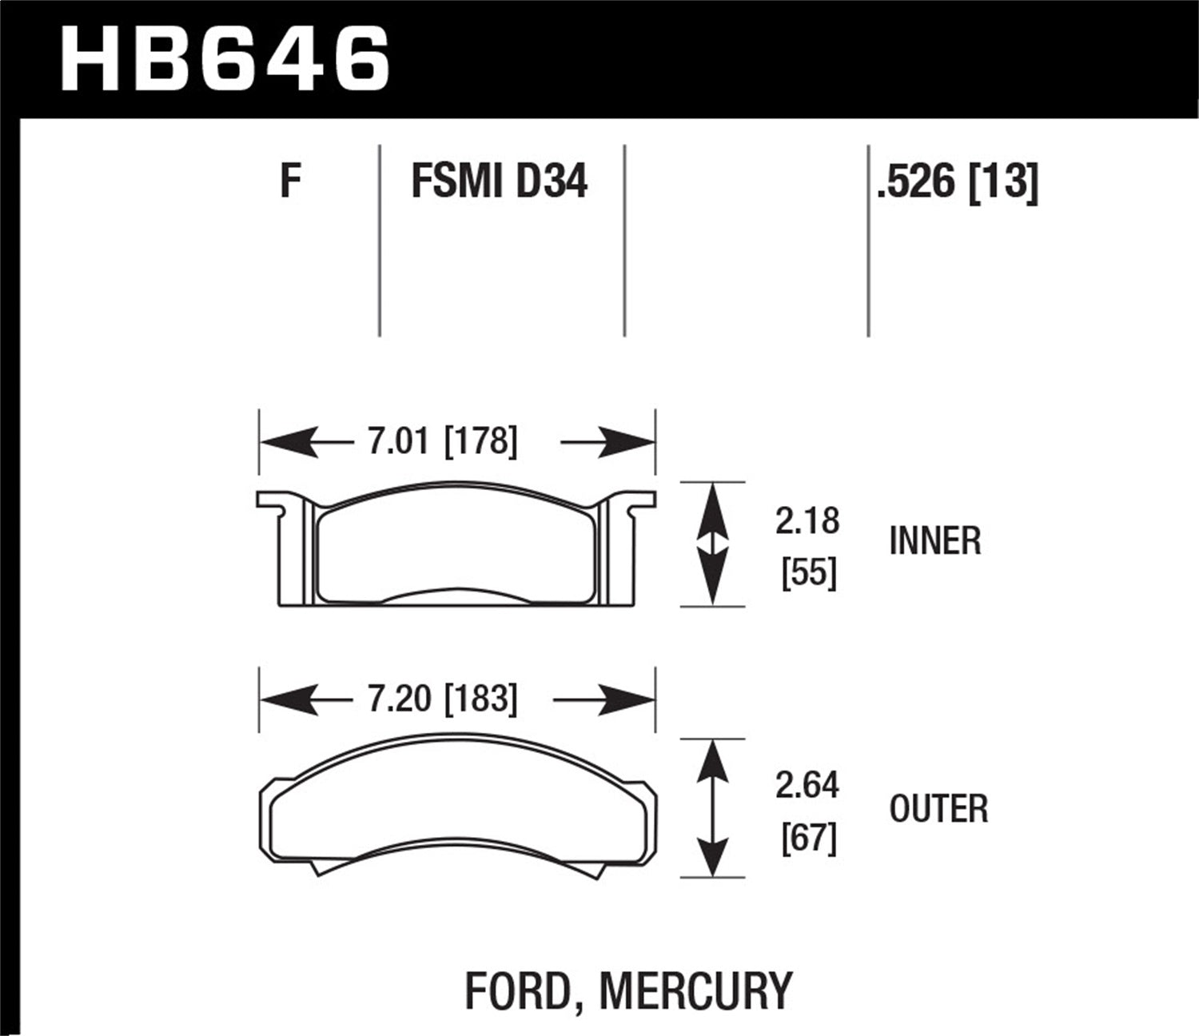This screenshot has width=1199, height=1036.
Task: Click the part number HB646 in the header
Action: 225,58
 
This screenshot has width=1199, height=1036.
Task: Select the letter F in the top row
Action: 290,181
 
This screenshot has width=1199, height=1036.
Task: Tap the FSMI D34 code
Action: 499,181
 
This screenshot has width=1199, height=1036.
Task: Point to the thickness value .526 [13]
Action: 957,182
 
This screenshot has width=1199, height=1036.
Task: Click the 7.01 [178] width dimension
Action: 442,441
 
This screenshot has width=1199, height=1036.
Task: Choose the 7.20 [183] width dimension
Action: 442,699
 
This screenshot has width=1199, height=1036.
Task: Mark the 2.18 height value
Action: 807,521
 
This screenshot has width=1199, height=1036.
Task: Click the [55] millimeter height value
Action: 808,573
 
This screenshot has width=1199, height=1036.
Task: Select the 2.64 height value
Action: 807,786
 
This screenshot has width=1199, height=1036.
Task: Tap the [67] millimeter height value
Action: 808,839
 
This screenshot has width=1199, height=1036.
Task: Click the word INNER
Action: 934,541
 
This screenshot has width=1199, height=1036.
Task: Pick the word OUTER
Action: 938,809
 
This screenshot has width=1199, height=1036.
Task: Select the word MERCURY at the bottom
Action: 695,990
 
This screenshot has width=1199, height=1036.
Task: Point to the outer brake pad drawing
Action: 457,807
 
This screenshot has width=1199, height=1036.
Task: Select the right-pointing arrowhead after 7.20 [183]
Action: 627,701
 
